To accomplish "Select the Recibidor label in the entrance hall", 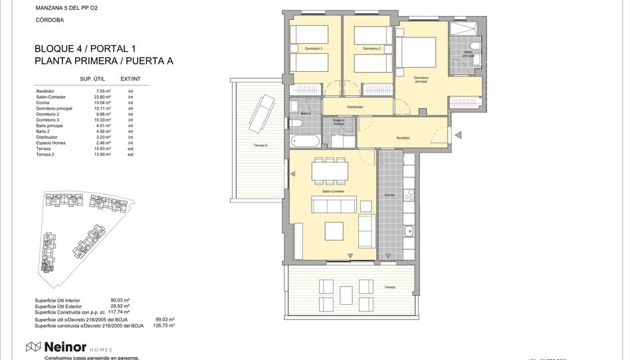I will click(x=403, y=137).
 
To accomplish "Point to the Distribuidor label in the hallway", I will click(x=355, y=107).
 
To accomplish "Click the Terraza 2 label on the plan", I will click(x=261, y=145).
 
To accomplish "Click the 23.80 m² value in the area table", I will click(x=103, y=97).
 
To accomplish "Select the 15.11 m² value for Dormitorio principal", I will click(x=103, y=108).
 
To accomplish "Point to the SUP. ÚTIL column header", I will click(x=94, y=79).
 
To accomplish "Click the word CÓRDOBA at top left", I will click(x=49, y=21).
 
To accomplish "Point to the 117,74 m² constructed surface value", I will click(x=120, y=312).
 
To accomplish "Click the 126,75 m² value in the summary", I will click(x=163, y=325).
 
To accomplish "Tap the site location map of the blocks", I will click(x=80, y=229).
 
